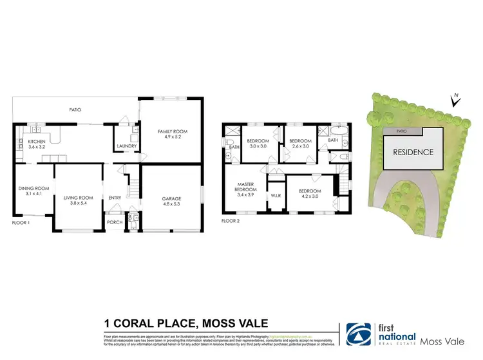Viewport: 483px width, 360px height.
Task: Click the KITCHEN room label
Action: [x=36, y=141]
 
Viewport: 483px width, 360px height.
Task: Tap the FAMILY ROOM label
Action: [x=171, y=132]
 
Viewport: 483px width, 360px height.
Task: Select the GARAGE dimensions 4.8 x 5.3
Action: [x=171, y=204]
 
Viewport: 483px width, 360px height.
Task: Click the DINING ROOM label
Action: [x=33, y=188]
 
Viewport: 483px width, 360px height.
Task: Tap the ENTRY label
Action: [x=115, y=198]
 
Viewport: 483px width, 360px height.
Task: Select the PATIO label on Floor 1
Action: [x=75, y=110]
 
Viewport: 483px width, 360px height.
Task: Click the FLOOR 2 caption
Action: [x=230, y=220]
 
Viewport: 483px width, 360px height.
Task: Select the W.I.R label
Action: [x=274, y=195]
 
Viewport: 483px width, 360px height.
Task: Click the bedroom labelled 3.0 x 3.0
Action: [x=258, y=147]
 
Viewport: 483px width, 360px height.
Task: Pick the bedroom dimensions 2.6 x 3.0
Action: [x=299, y=147]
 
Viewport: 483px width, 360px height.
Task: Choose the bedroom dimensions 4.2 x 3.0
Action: [x=309, y=196]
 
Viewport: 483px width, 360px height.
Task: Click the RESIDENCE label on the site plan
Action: [x=410, y=153]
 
